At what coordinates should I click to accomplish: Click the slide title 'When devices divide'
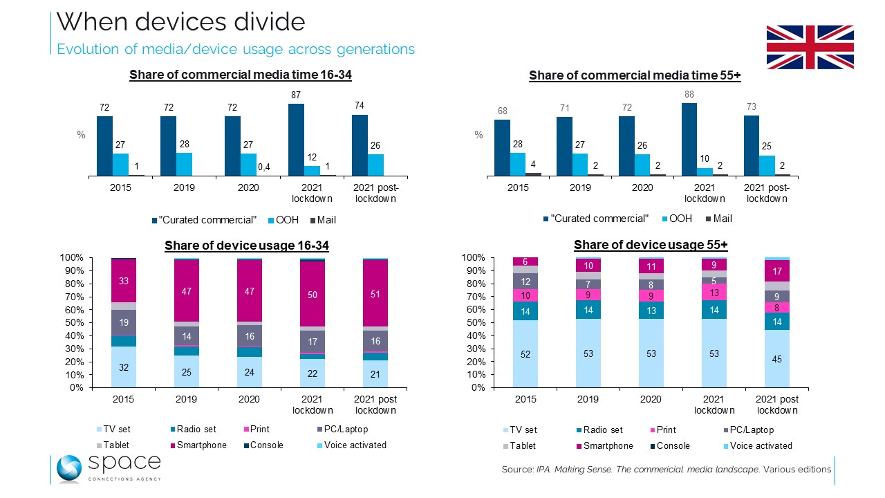(180, 22)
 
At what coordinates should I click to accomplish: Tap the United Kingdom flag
(810, 47)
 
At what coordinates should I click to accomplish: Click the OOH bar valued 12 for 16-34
(313, 171)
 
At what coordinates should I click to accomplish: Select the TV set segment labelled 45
(777, 358)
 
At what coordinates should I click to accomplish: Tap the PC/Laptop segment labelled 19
(124, 322)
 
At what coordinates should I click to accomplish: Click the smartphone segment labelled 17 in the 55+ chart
(777, 270)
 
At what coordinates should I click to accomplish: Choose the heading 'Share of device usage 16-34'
(246, 246)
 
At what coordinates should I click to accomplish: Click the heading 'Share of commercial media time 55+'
(635, 76)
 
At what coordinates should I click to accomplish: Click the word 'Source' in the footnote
(516, 470)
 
